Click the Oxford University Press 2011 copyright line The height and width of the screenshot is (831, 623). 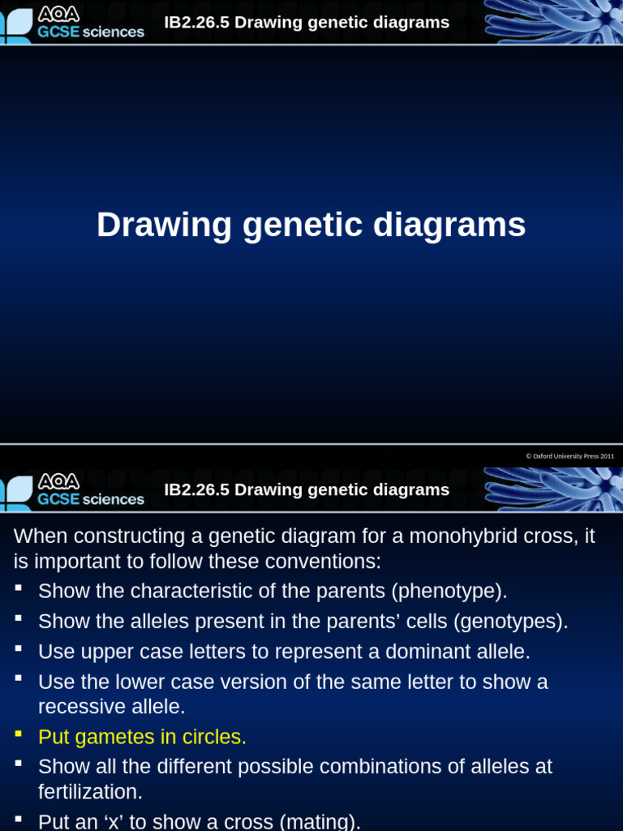569,456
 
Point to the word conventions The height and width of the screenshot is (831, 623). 320,562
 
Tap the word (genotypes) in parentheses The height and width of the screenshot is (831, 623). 510,622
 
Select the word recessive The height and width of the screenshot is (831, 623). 80,707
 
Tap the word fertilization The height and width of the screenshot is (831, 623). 89,792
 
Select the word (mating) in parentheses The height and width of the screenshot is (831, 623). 320,822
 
